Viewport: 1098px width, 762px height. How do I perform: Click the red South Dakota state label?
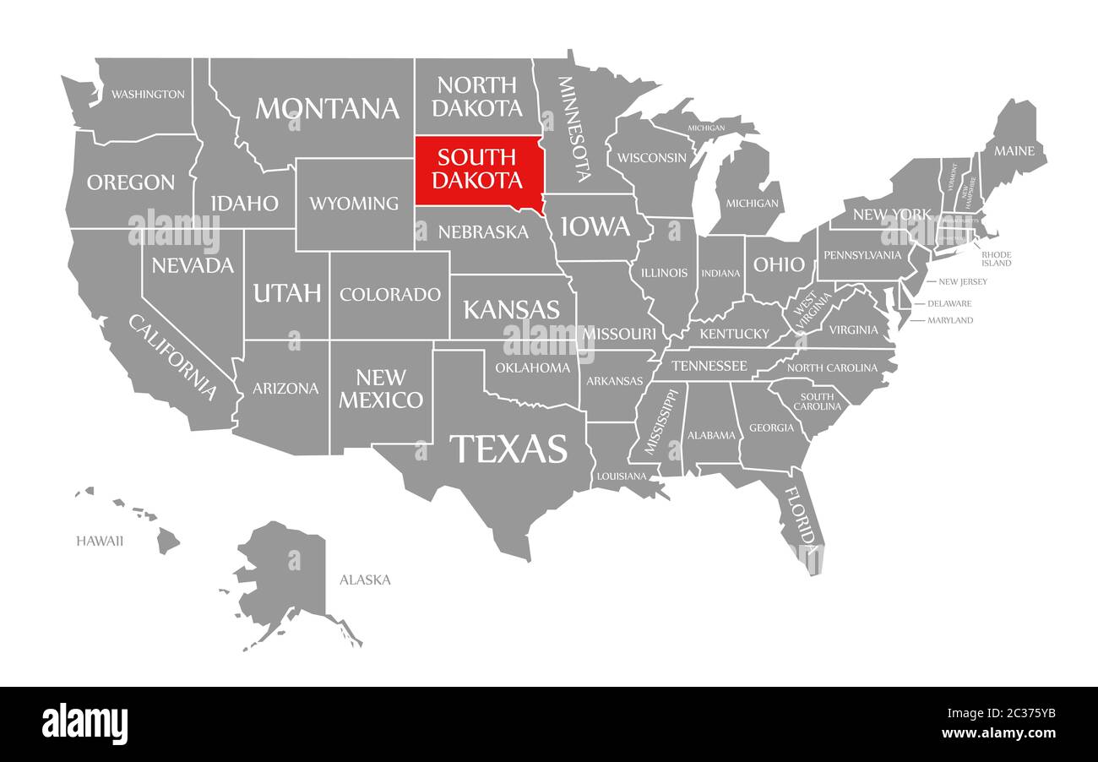coord(477,169)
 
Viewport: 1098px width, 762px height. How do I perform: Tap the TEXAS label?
coord(508,449)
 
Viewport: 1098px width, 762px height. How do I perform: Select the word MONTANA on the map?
coord(327,108)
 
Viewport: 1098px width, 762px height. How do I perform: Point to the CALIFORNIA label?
coord(172,357)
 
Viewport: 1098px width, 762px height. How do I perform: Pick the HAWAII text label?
coord(100,541)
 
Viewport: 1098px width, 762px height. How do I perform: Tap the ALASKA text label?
coord(365,580)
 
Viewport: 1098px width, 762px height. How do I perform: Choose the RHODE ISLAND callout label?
coord(996,259)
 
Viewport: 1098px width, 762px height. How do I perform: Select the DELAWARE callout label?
coord(949,303)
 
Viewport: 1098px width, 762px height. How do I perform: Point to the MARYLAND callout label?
coord(950,320)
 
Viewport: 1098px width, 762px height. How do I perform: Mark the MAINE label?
coord(1014,151)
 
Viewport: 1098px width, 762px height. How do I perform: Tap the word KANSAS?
coord(511,309)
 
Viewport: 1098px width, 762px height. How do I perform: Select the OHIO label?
coord(779,264)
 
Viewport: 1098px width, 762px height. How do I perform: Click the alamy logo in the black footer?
coord(84,724)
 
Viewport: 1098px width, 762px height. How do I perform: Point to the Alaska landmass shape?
coord(287,574)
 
